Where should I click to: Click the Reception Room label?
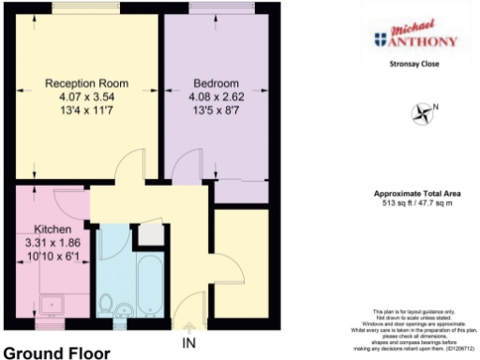[x=86, y=83]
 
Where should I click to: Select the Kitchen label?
[x=52, y=230]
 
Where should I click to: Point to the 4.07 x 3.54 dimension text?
[x=86, y=97]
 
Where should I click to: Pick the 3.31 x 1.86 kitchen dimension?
[x=52, y=243]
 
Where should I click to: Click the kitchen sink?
[x=48, y=303]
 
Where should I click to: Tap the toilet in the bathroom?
[x=108, y=305]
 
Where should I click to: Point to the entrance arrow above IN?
[x=188, y=327]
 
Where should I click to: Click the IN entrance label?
[x=188, y=341]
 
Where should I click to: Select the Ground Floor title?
[x=57, y=353]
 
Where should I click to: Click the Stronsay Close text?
[x=413, y=64]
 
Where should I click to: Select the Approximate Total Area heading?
[x=413, y=192]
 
